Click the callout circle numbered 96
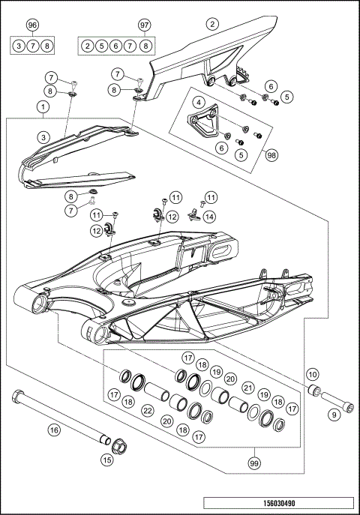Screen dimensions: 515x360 [x=31, y=25]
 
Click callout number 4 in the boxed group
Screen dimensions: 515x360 [x=199, y=102]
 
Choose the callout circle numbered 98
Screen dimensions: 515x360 [x=271, y=155]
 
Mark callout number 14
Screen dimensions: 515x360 [x=209, y=216]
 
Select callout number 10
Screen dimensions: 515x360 [x=313, y=373]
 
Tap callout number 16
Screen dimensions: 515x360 [x=53, y=430]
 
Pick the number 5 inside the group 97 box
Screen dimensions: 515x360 [x=103, y=46]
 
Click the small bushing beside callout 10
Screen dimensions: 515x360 [x=316, y=391]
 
